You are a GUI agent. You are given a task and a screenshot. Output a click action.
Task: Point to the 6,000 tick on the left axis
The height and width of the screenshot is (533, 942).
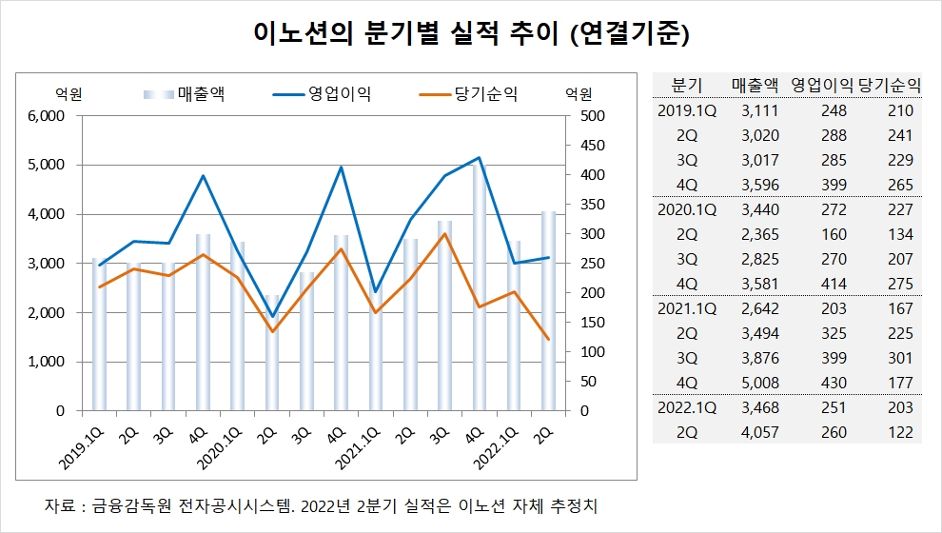click(x=44, y=116)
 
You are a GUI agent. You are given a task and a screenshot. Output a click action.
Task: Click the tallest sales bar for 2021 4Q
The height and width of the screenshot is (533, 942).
click(x=479, y=286)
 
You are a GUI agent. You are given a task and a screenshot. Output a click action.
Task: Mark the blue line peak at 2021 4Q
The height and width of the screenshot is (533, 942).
click(x=479, y=158)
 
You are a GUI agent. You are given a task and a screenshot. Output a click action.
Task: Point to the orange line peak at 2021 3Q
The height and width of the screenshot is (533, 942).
click(x=444, y=234)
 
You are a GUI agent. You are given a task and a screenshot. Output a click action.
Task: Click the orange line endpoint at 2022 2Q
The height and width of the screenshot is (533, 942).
click(x=548, y=339)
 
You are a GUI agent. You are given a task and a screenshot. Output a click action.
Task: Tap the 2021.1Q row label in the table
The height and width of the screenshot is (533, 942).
click(x=687, y=308)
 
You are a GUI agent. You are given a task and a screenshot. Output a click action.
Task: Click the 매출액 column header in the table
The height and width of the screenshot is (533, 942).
click(x=756, y=84)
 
